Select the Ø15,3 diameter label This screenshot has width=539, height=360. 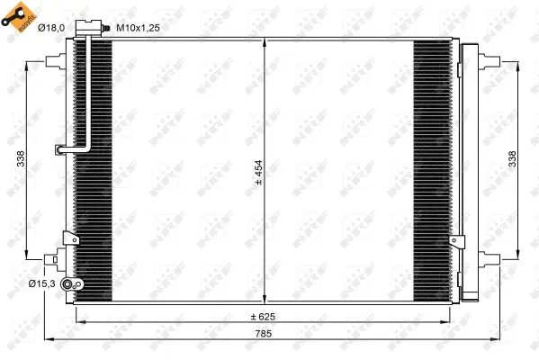click(x=42, y=283)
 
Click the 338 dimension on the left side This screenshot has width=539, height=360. click(x=20, y=158)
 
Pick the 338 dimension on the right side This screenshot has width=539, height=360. click(x=512, y=158)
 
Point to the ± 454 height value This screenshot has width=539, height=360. click(x=258, y=171)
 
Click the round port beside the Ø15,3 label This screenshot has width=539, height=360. click(x=77, y=284)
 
